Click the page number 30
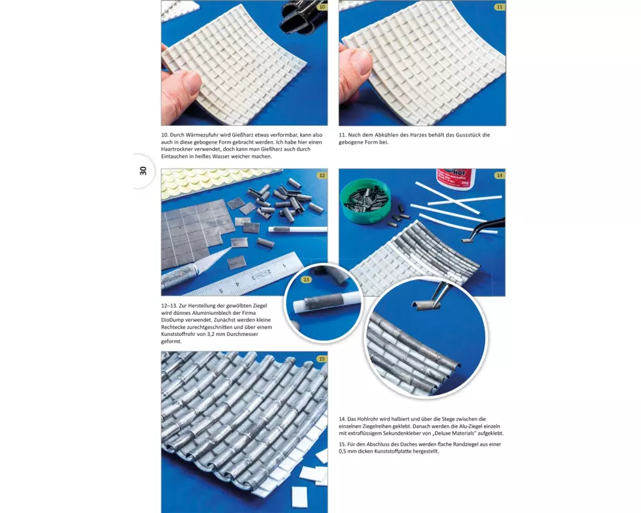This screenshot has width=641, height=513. click(143, 171)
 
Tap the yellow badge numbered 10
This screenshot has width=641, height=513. click(322, 7)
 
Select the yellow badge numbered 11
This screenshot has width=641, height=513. click(499, 7)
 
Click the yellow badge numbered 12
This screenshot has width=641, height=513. click(322, 176)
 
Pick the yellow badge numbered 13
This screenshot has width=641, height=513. click(306, 280)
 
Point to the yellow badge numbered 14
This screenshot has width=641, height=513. click(499, 176)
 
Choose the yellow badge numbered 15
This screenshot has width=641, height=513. click(322, 358)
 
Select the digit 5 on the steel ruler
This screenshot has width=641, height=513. click(221, 291)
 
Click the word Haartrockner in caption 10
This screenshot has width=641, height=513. click(177, 149)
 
